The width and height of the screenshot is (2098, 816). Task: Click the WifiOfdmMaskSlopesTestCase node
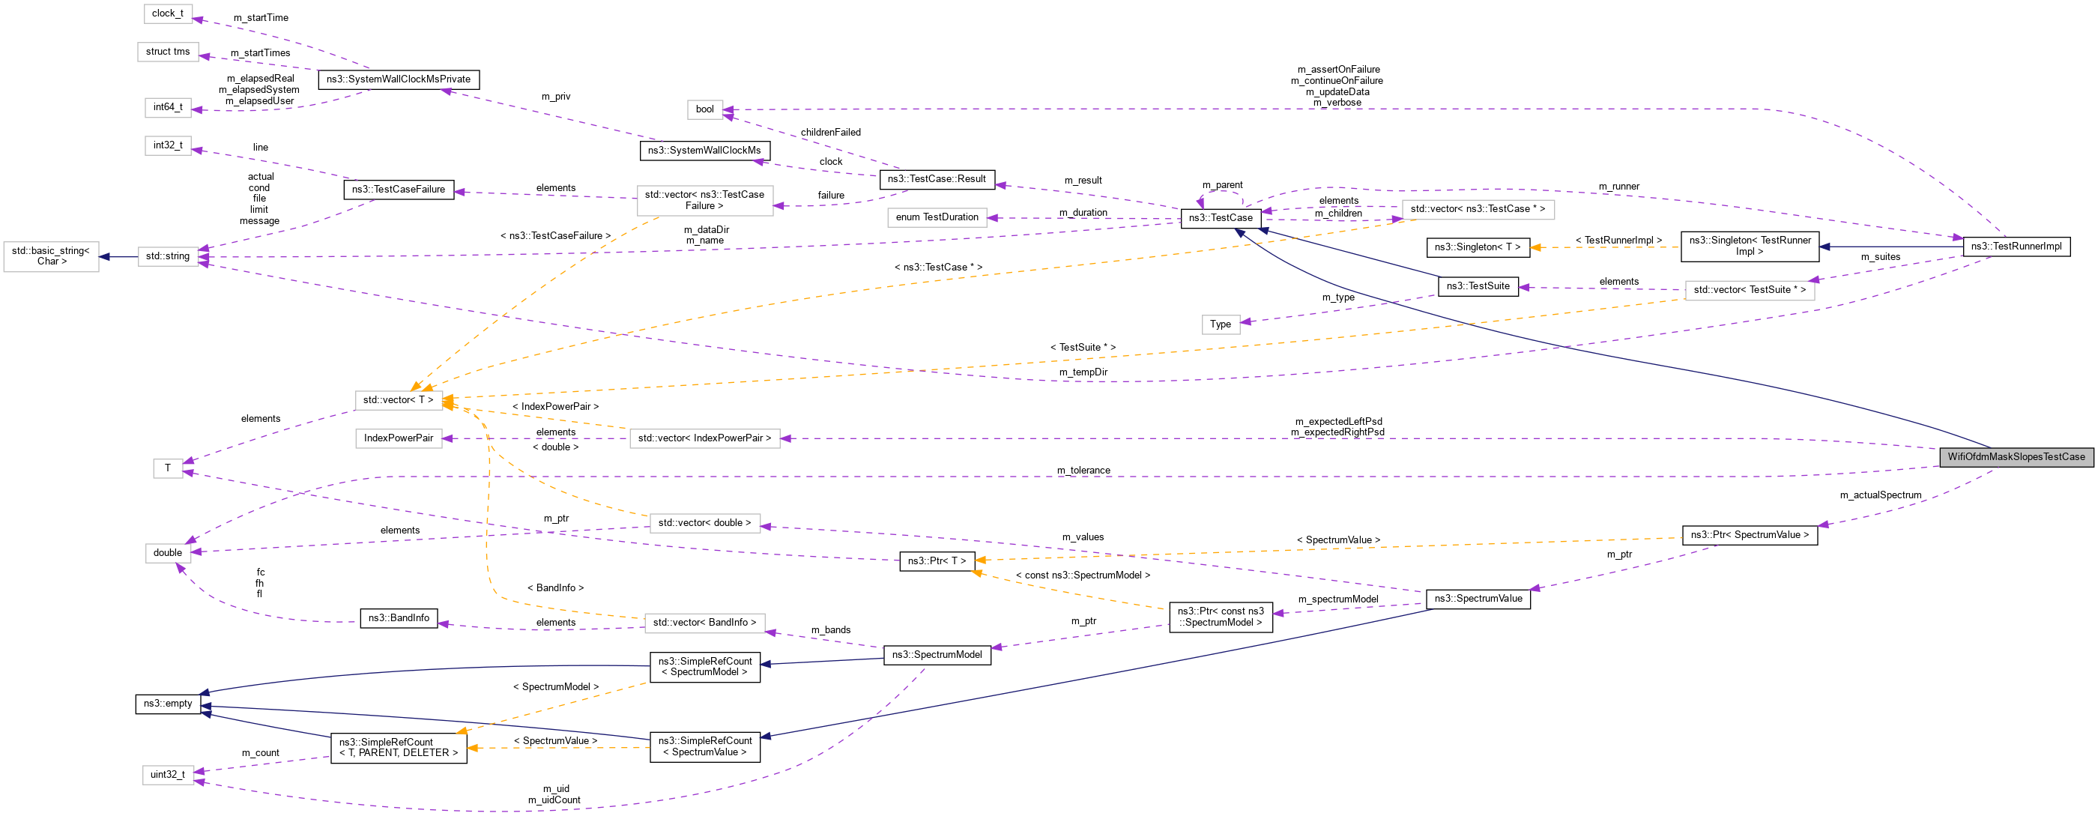(2016, 457)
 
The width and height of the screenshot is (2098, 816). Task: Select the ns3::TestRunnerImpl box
(2016, 247)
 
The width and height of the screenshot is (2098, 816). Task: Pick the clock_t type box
(168, 13)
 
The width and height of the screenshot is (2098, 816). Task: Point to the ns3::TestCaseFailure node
(399, 190)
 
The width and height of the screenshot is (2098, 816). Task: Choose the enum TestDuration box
(937, 217)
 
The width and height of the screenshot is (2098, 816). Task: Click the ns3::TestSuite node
(1478, 285)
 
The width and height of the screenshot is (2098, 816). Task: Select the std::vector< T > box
(399, 400)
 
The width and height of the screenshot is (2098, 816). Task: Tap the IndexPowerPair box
(399, 438)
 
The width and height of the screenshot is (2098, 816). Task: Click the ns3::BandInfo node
(399, 618)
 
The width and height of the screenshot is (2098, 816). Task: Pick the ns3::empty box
(168, 704)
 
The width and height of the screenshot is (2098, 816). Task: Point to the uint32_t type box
(168, 775)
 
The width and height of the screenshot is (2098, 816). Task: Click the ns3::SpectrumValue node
(1478, 599)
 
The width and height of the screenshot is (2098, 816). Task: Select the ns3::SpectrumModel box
(937, 655)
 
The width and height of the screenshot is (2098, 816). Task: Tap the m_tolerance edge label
(1083, 471)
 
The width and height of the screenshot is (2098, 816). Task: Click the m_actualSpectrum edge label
(1880, 495)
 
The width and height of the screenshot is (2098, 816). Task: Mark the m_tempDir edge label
(1083, 372)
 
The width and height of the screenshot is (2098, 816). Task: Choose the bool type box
(704, 110)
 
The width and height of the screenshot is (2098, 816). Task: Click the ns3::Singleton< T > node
(1478, 247)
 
